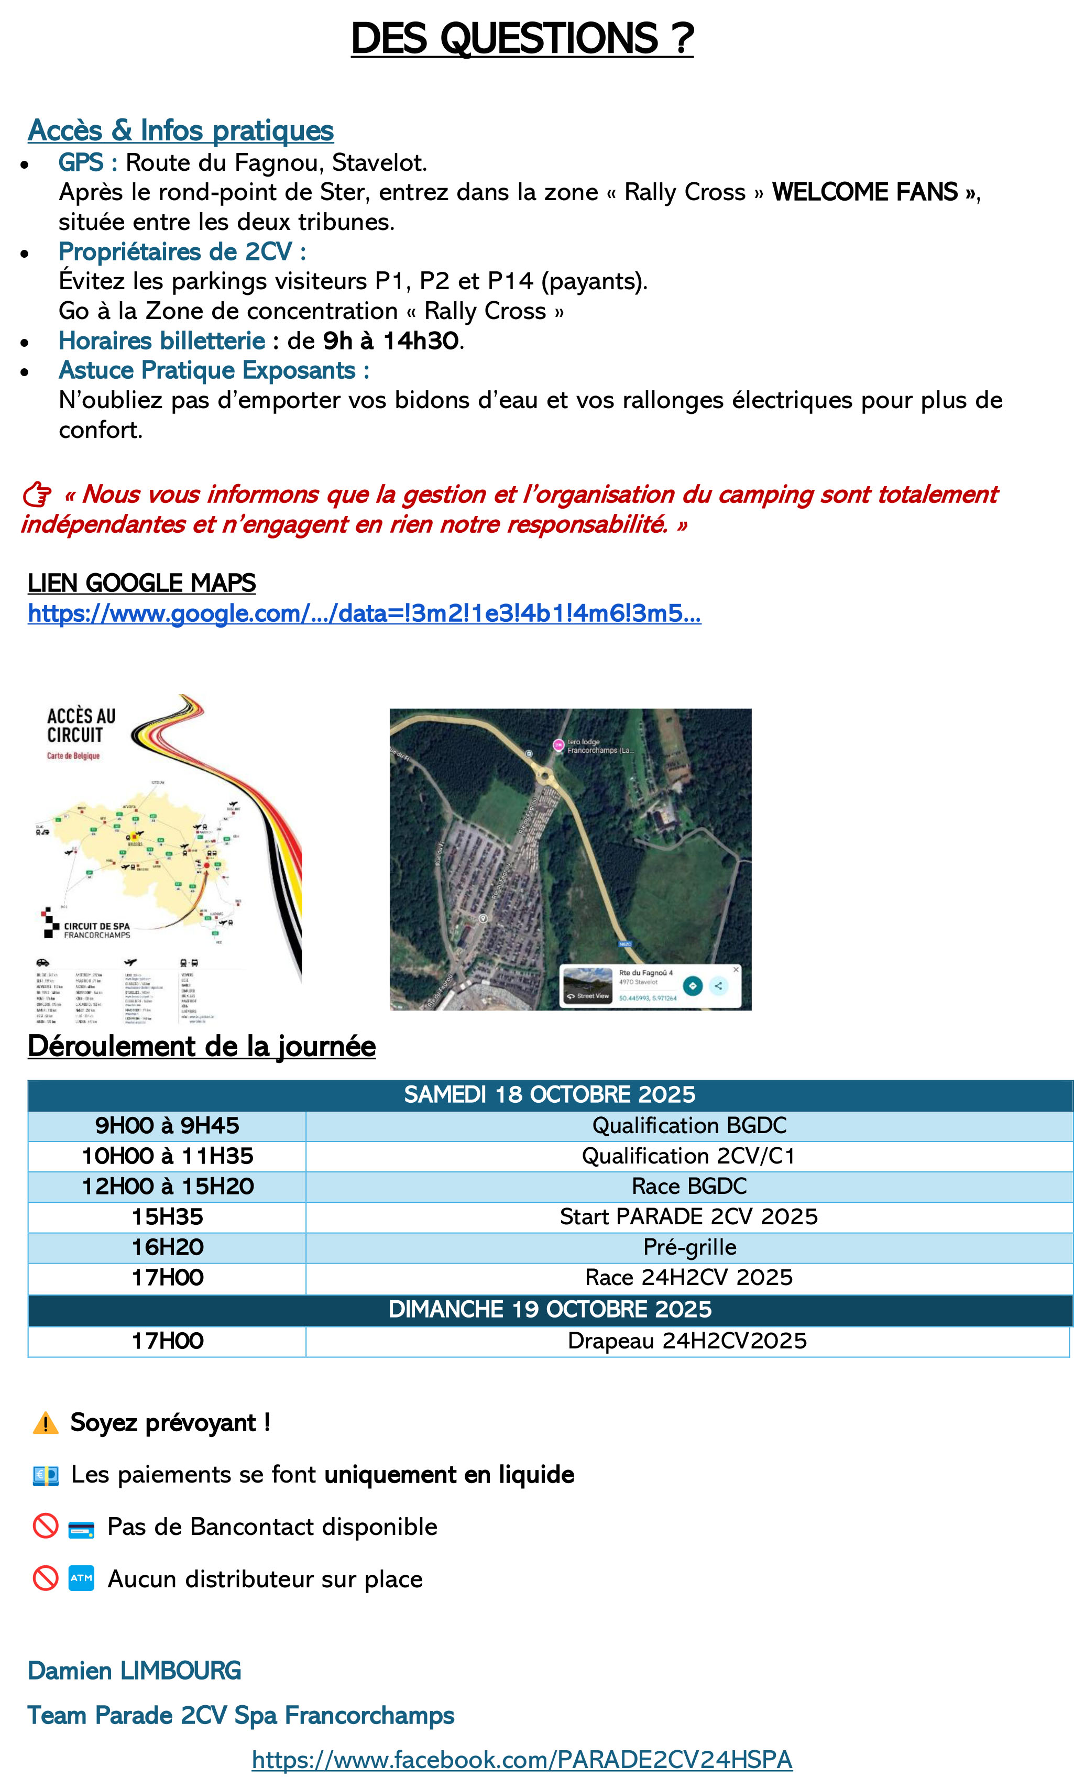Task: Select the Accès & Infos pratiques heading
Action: click(x=180, y=131)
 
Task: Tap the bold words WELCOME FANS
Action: click(x=865, y=192)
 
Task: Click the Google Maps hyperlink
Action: click(x=364, y=613)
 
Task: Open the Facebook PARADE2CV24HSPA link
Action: click(x=522, y=1759)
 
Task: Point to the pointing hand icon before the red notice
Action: click(x=37, y=495)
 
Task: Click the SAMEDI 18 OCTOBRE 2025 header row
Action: click(x=549, y=1094)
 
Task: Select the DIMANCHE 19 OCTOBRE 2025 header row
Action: click(x=549, y=1309)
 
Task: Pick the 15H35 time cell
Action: click(x=167, y=1216)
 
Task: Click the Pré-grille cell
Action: click(x=689, y=1247)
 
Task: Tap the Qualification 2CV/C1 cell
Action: click(x=689, y=1156)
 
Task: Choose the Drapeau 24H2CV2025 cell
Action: click(x=687, y=1341)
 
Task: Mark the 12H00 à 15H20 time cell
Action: click(x=167, y=1186)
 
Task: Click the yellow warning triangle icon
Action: click(x=46, y=1423)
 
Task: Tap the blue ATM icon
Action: click(x=81, y=1578)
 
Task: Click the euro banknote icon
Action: click(x=46, y=1475)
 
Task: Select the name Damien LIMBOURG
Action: click(x=134, y=1671)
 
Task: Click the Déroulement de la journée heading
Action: click(x=201, y=1047)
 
